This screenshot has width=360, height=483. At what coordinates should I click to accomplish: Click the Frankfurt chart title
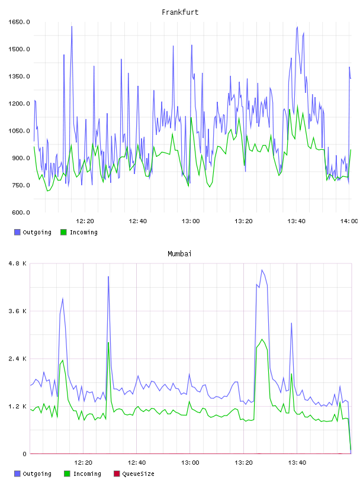[180, 12]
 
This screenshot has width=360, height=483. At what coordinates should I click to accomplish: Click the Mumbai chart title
[179, 254]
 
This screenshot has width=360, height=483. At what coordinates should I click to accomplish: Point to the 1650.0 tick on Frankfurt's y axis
[19, 22]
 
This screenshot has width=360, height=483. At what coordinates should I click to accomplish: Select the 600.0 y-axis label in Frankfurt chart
[21, 212]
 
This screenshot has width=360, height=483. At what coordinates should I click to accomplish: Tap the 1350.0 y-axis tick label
[19, 76]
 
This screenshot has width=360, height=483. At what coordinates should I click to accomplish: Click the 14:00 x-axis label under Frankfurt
[349, 221]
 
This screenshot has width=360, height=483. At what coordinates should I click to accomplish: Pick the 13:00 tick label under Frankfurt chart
[191, 221]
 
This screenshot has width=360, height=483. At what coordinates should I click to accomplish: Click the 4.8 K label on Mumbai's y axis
[17, 263]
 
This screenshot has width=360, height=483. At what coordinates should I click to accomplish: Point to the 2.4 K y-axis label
[17, 359]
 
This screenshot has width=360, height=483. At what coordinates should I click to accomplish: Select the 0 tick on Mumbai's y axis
[24, 454]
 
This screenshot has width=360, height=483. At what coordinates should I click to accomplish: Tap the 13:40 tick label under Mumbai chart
[297, 463]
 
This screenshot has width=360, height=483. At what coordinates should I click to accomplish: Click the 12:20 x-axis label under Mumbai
[83, 463]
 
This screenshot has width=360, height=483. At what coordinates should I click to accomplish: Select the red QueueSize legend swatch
[117, 474]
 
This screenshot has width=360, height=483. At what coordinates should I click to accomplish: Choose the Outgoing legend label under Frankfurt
[37, 232]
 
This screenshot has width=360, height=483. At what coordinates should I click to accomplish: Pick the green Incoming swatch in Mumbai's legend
[67, 474]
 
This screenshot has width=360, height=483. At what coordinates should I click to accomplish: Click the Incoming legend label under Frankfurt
[83, 232]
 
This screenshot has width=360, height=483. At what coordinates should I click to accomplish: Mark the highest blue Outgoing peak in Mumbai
[262, 270]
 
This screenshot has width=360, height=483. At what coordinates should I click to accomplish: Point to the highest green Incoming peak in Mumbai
[262, 339]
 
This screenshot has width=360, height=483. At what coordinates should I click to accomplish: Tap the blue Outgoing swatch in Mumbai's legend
[17, 474]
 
